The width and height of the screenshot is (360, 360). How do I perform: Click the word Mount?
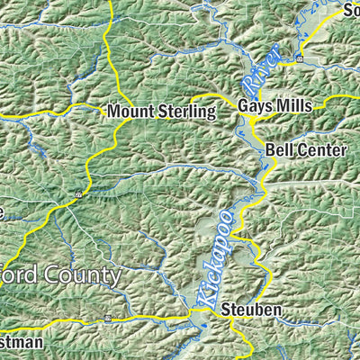click(x=129, y=112)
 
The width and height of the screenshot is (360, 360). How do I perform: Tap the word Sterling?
click(x=185, y=112)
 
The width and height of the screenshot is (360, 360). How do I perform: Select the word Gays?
click(x=255, y=105)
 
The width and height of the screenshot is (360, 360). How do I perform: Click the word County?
click(x=82, y=274)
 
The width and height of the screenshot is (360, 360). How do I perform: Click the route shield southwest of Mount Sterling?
click(x=78, y=193)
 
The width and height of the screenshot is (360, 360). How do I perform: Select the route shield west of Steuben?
click(x=107, y=318)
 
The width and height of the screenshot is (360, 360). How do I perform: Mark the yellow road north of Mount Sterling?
click(x=109, y=45)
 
